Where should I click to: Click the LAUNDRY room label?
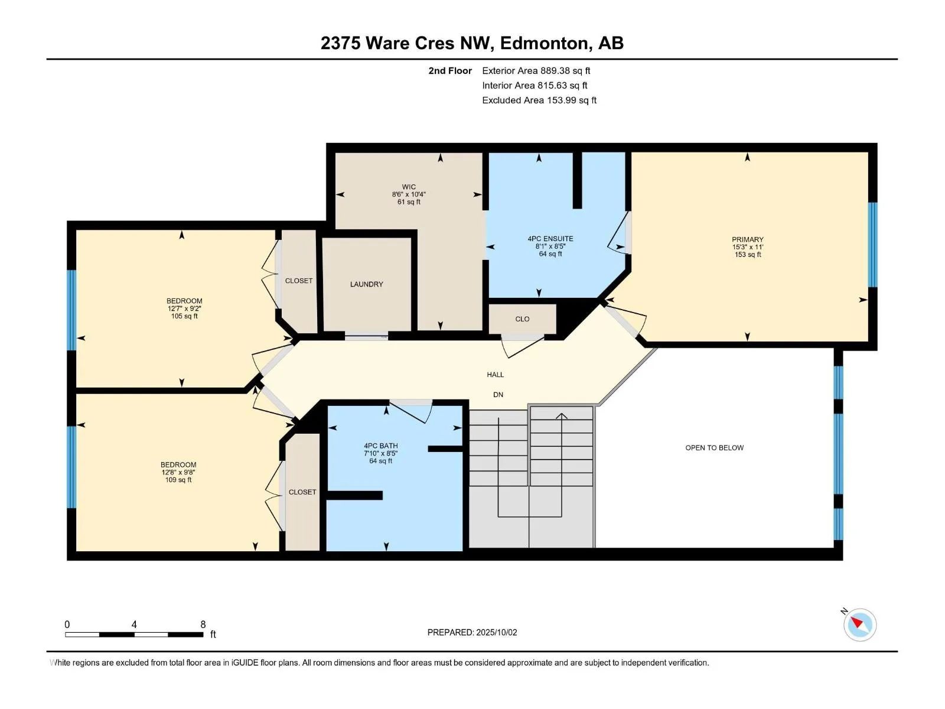(366, 284)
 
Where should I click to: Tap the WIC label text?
(409, 187)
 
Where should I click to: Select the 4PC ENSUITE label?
(550, 239)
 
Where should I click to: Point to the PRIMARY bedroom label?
(747, 239)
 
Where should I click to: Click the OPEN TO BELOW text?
(714, 448)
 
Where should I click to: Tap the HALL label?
(495, 375)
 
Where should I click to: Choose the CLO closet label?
(522, 319)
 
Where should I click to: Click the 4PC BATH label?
(380, 446)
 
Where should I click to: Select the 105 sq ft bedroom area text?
(184, 316)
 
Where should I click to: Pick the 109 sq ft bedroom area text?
(178, 480)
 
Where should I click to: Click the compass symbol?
(859, 625)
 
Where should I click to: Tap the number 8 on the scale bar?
(203, 624)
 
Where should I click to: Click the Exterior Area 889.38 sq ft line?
(536, 70)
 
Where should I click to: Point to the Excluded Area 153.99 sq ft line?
(539, 100)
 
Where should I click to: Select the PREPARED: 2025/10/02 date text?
(472, 632)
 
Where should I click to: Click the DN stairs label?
(498, 395)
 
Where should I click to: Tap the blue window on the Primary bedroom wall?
(872, 245)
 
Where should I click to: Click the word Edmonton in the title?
(544, 44)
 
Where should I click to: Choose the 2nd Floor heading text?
(450, 70)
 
